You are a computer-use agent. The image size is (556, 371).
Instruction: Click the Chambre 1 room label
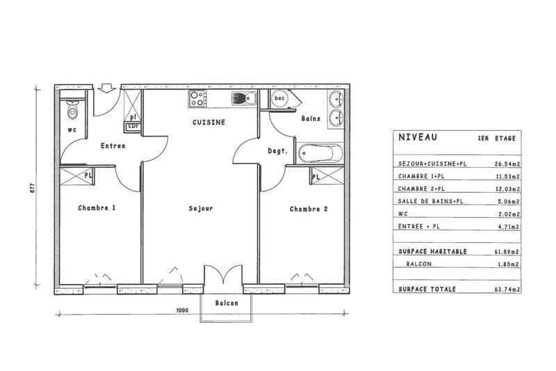[97, 208]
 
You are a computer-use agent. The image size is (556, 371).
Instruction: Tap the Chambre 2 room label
[309, 209]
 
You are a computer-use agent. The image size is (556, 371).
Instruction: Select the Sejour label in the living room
[200, 208]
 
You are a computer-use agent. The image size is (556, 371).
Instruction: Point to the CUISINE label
[208, 122]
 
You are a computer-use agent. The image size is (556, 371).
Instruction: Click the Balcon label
[227, 303]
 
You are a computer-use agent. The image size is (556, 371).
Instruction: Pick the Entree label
[113, 146]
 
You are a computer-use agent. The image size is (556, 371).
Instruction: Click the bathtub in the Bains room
[320, 152]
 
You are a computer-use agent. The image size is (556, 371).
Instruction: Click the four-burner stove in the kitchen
[197, 99]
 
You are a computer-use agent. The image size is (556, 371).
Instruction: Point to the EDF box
[132, 127]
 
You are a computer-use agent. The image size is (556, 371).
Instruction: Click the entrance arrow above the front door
[106, 88]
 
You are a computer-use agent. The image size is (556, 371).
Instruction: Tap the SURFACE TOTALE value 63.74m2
[504, 288]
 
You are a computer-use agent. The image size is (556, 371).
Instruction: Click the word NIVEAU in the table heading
[418, 138]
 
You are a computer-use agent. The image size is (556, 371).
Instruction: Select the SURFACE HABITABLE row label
[432, 251]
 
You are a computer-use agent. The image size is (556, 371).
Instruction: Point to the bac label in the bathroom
[280, 99]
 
